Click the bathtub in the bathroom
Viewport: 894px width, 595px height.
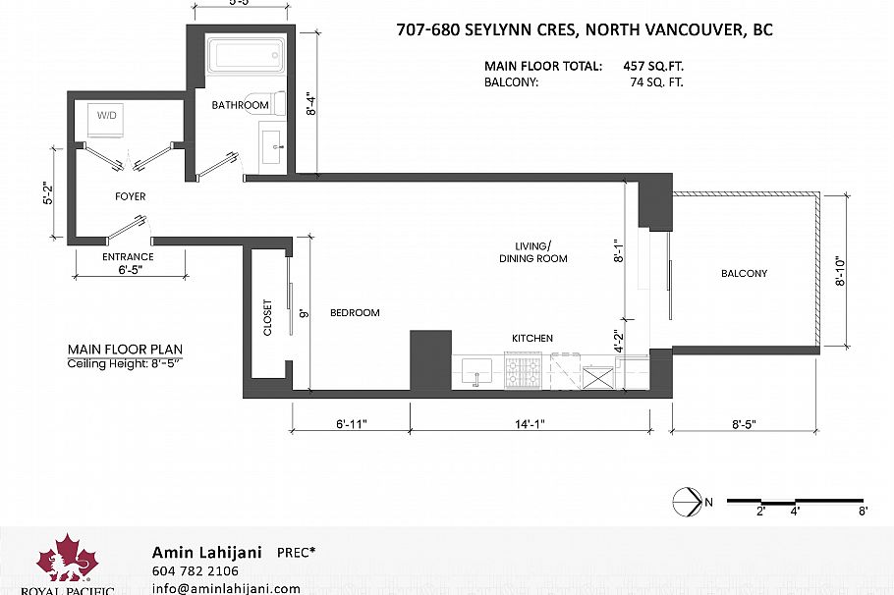(248, 55)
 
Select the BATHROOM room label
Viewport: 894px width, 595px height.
(240, 105)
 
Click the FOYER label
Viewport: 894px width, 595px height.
(130, 196)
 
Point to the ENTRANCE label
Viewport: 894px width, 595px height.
(128, 257)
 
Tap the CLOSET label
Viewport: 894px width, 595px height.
(267, 318)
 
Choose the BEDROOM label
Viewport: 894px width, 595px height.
(354, 313)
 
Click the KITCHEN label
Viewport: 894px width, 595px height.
(531, 339)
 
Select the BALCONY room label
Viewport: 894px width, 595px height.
(744, 273)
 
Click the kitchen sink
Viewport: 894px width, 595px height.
(477, 372)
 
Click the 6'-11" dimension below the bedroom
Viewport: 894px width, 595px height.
(351, 424)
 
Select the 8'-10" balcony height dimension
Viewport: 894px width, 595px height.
(841, 271)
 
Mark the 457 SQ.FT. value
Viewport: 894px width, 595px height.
(652, 67)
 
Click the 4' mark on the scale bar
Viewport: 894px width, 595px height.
(796, 511)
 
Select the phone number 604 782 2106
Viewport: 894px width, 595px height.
(195, 570)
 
